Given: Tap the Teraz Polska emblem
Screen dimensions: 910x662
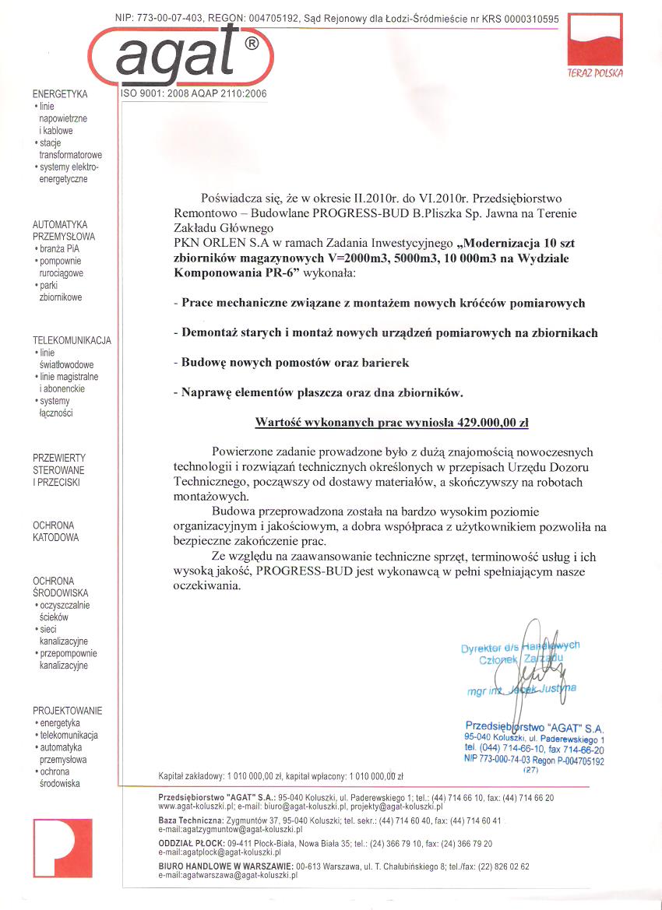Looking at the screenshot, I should pos(596,45).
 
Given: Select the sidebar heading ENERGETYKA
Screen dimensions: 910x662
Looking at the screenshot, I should pos(61,94).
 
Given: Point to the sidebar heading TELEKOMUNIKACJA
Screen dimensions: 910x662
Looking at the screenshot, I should pos(72,340).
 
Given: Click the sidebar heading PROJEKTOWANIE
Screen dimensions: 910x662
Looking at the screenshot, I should pos(67,711).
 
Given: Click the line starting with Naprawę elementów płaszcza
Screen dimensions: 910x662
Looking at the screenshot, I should pos(319,393).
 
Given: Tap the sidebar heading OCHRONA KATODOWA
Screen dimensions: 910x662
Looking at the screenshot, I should pos(55,532).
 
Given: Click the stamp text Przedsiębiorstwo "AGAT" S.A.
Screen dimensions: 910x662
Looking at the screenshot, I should pos(534,726).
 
